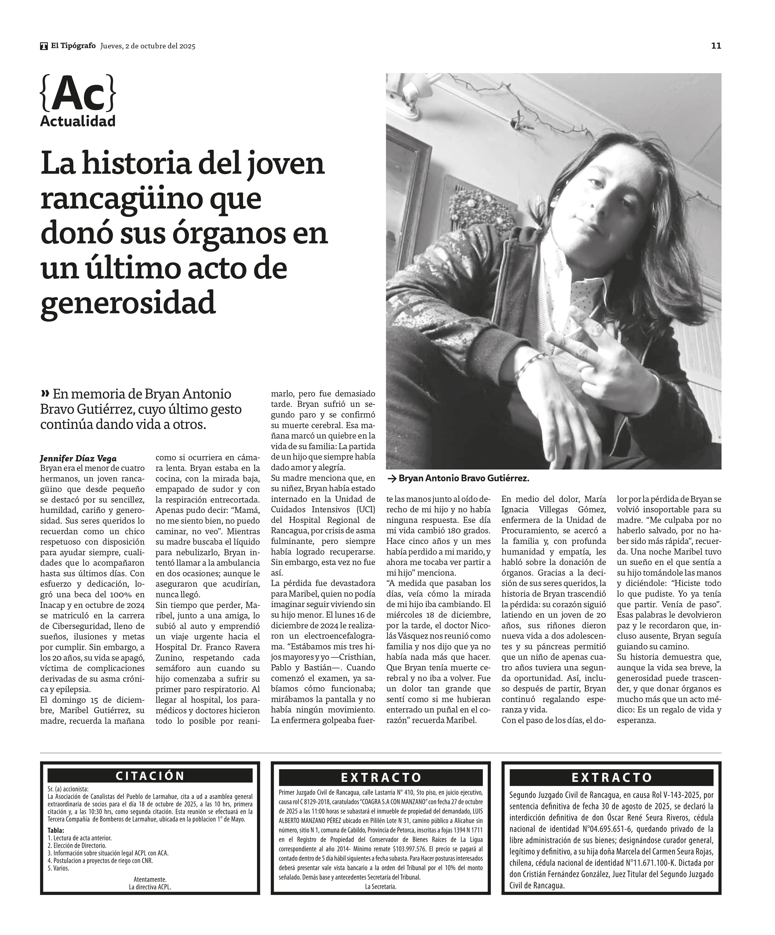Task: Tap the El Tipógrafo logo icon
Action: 44,46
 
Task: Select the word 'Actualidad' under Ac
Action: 78,121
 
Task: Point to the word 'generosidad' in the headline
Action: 128,303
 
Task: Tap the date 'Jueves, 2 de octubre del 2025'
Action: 148,46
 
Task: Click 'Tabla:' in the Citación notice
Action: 56,830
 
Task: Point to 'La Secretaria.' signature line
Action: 380,886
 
